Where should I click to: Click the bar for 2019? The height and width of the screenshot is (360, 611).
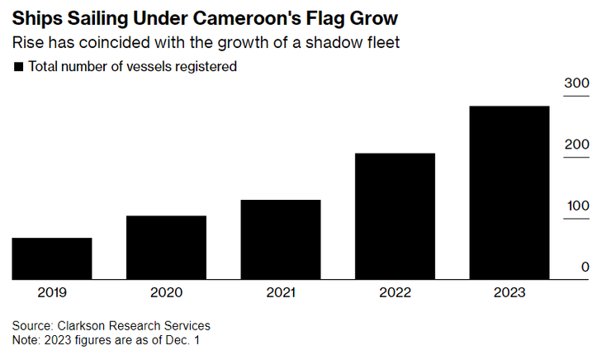pos(52,258)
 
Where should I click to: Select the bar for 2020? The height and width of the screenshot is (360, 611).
pos(166,248)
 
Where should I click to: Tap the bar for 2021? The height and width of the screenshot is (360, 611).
pos(281,239)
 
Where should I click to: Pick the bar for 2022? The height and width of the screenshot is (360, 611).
pos(395,216)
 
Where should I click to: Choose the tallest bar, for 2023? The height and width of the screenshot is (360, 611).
pos(509,192)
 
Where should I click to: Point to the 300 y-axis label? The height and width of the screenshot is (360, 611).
pos(576,83)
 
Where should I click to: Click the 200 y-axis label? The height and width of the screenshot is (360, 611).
pos(576,144)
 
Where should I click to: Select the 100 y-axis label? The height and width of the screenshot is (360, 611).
pos(576,206)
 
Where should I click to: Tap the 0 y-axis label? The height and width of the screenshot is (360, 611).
pos(585,267)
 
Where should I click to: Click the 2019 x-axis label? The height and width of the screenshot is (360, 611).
pos(52,292)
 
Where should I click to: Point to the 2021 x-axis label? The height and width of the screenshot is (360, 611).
pos(281,292)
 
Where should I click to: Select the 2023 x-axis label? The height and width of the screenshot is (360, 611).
pos(509,292)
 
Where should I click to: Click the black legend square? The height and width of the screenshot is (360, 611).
pos(19,67)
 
